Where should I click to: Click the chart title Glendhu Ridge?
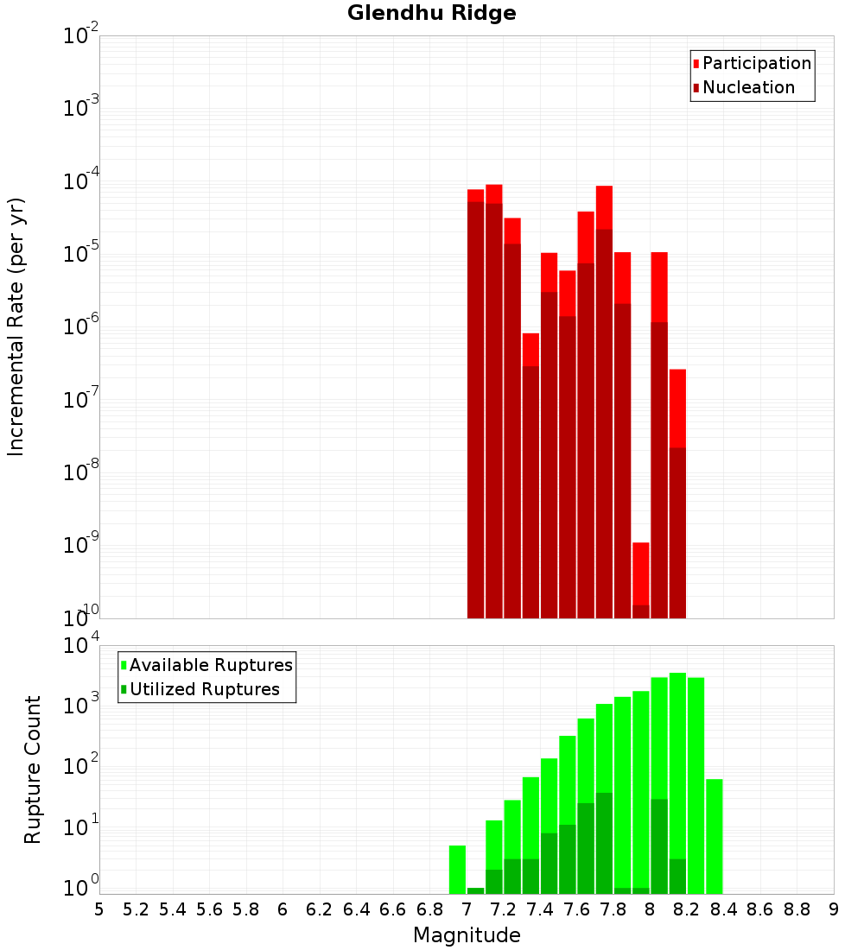[431, 13]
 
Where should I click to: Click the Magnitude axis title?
[467, 935]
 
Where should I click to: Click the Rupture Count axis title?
[33, 769]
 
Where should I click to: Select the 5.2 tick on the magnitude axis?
[136, 909]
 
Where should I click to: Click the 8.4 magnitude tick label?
[724, 909]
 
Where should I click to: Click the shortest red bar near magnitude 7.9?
[640, 579]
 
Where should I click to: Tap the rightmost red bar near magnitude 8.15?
[677, 492]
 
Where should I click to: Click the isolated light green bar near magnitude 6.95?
[457, 868]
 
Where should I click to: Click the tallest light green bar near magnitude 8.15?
[677, 777]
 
